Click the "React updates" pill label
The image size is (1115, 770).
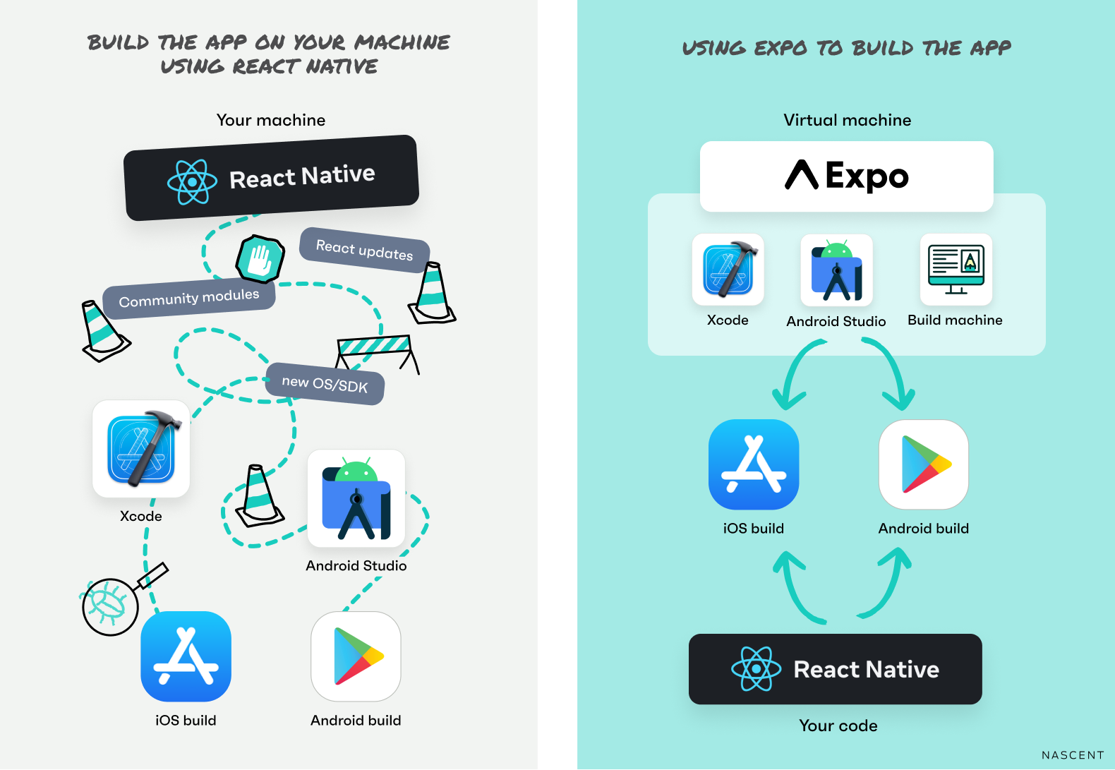pos(364,250)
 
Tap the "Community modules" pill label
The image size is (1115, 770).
pos(189,298)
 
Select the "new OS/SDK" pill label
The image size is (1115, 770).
pos(325,384)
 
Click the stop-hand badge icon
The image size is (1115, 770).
pos(260,259)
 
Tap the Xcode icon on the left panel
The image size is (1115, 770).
pos(141,449)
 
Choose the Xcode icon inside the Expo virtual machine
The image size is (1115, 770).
pos(728,270)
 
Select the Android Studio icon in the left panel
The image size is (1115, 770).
pos(356,499)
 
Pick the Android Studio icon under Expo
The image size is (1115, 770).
pos(837,271)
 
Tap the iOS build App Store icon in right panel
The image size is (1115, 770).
pos(754,464)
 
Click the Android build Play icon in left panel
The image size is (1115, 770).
pos(356,657)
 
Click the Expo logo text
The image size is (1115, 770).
pos(847,176)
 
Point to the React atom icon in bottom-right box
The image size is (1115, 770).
pos(757,668)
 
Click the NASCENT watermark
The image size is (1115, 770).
pos(1073,755)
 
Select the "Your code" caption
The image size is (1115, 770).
pos(838,726)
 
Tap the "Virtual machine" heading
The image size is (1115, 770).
pos(847,120)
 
